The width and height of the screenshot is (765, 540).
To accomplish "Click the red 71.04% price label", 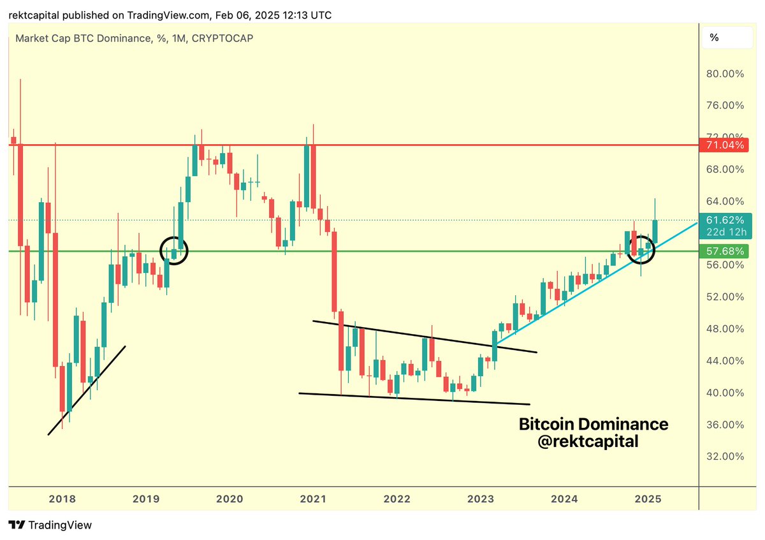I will coord(725,145).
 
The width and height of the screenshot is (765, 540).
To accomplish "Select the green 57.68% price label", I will coord(725,251).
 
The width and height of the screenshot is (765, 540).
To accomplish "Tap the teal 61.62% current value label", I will coord(725,220).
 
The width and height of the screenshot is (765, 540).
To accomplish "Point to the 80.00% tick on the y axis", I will coord(725,74).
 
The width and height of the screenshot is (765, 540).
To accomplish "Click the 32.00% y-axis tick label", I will coord(725,456).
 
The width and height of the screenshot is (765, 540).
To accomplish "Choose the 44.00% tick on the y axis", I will coord(725,361).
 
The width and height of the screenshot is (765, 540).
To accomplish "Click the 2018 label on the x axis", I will coord(62,499).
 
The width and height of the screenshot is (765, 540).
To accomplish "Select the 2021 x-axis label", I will coord(312,499).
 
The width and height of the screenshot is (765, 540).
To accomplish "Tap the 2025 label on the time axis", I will coord(648,499).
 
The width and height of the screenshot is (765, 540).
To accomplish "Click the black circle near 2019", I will coord(174,250).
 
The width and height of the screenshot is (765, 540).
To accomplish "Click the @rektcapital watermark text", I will coord(588,441).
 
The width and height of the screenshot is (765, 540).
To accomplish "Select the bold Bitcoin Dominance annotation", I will coord(593,424).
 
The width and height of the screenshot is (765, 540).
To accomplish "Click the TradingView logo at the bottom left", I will coord(50,525).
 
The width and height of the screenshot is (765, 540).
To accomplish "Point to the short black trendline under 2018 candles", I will coord(87,390).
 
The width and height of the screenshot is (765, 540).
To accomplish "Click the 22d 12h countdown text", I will coord(725,231).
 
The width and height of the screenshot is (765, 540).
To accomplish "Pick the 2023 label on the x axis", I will coord(480,499).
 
